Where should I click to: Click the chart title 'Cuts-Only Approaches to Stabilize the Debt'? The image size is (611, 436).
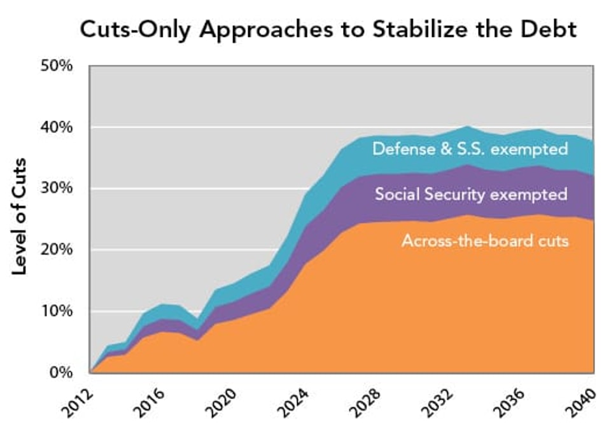coord(327,31)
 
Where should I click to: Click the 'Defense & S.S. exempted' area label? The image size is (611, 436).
coord(470,150)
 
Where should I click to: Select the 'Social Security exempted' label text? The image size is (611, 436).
coord(470,194)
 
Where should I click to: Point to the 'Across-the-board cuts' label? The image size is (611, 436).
coord(484,241)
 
